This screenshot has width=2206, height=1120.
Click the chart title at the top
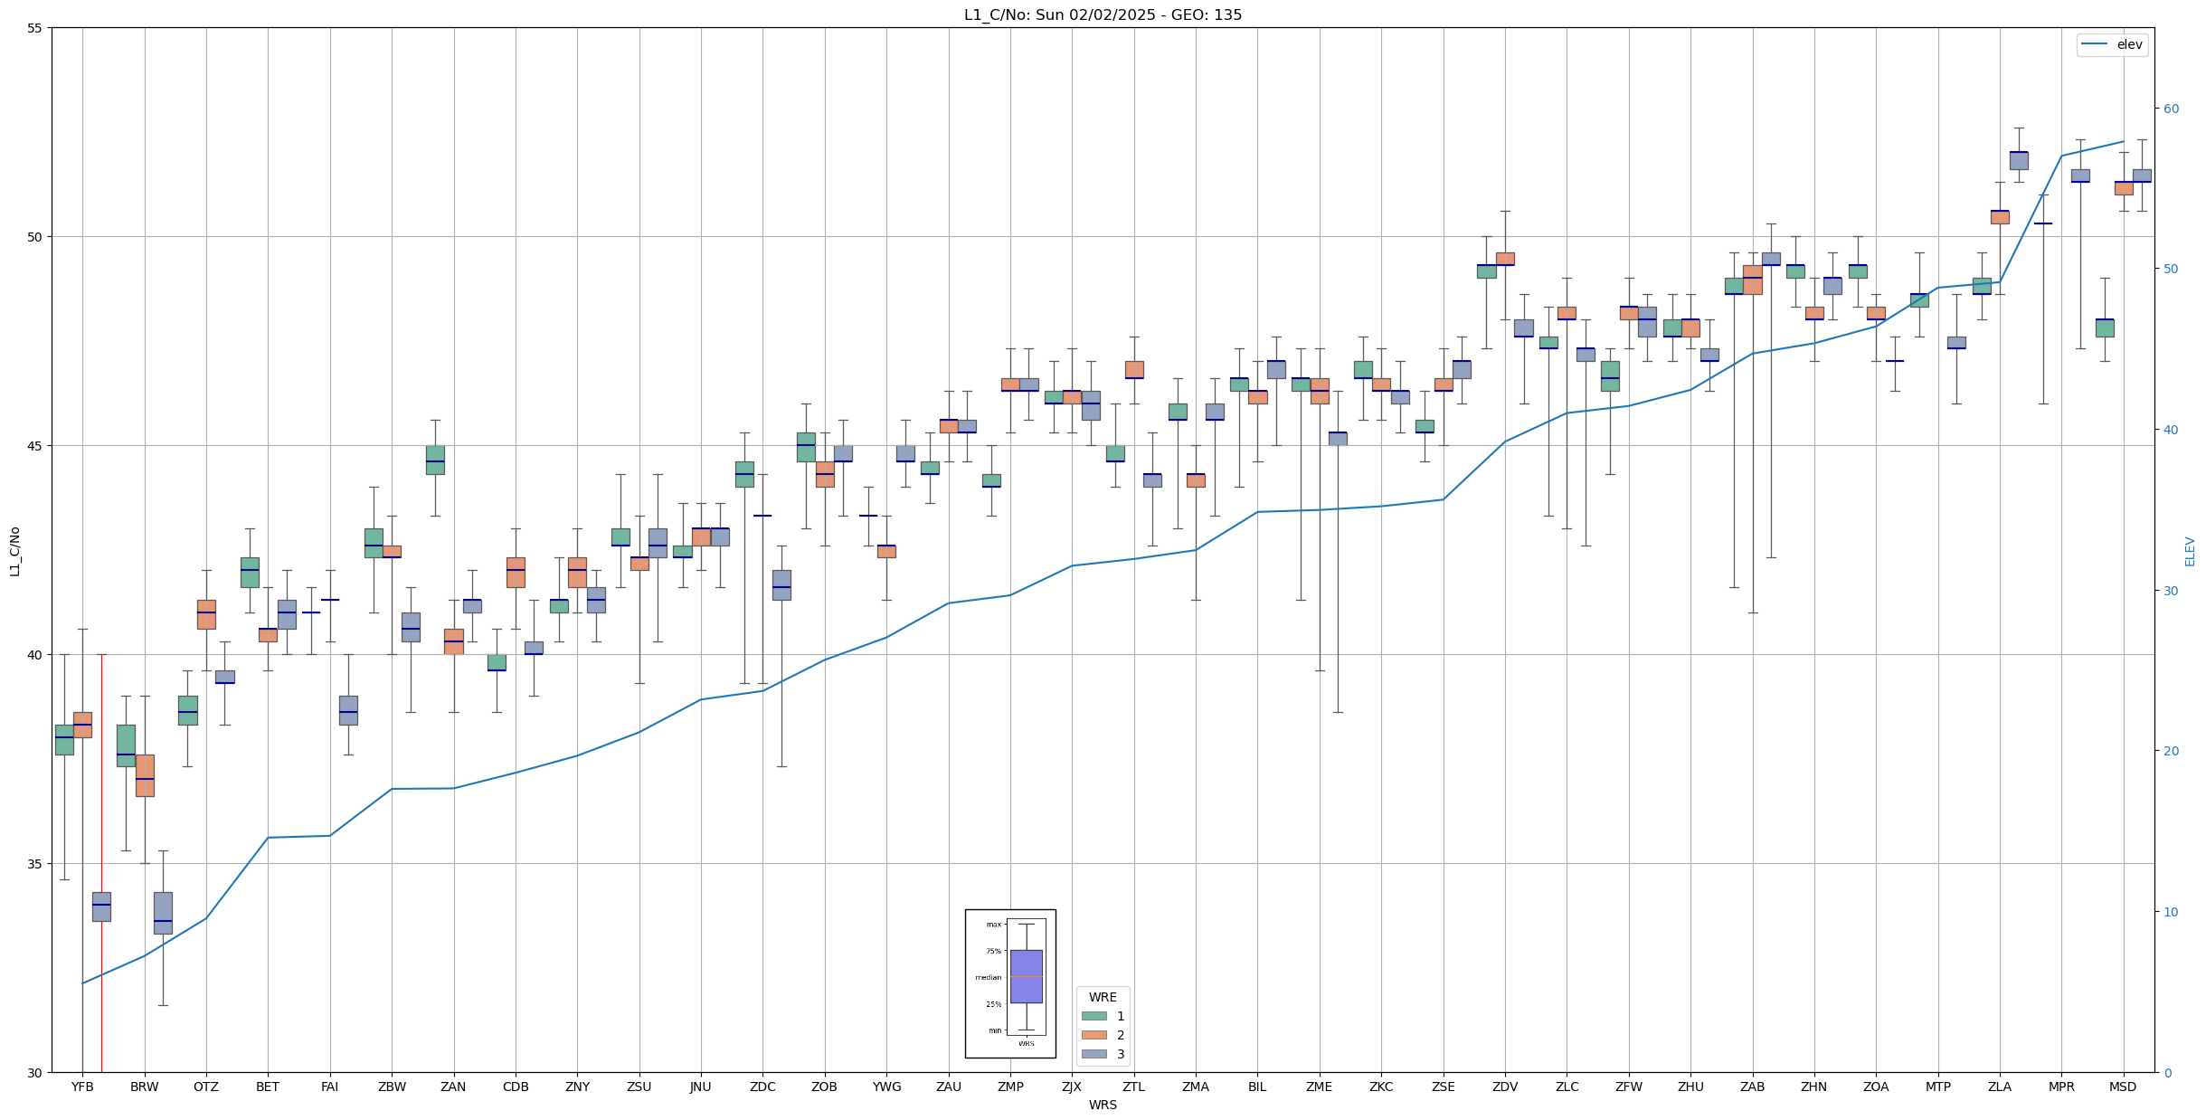click(1103, 14)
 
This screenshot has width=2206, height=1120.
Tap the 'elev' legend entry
click(2112, 44)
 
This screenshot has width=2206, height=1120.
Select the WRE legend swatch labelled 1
click(1094, 1016)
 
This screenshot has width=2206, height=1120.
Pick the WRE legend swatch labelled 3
click(1094, 1054)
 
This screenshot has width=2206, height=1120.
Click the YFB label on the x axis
click(82, 1087)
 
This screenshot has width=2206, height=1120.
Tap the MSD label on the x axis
click(2123, 1087)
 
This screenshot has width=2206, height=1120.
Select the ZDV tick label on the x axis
click(1505, 1087)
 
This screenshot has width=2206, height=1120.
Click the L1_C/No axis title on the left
click(14, 551)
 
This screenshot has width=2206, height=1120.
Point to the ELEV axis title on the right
click(2190, 551)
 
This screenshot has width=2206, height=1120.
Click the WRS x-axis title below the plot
click(1103, 1105)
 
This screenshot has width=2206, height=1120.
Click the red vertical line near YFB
click(101, 859)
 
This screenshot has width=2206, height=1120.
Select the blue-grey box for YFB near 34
click(101, 906)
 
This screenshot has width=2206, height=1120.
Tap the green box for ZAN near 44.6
click(435, 460)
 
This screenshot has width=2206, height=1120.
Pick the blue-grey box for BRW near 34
click(163, 913)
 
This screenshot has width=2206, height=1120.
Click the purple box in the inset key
click(1026, 976)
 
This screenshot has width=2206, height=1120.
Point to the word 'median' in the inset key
click(988, 977)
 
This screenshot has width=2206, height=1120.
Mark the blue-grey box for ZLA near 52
click(2019, 160)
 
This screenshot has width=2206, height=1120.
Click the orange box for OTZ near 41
click(206, 614)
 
